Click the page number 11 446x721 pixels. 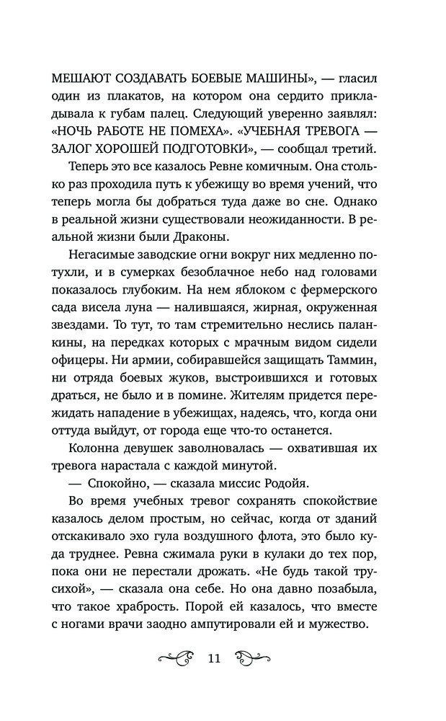coord(214,658)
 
